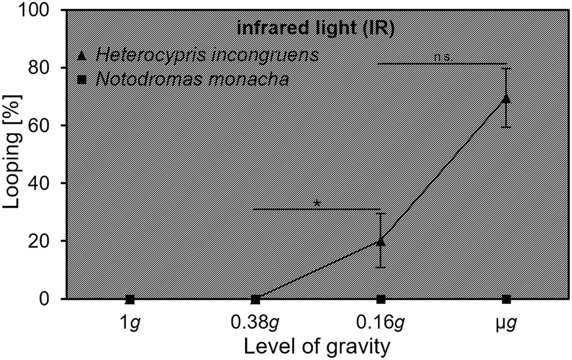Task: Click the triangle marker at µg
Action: pyautogui.click(x=506, y=98)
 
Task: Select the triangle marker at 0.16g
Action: pyautogui.click(x=381, y=241)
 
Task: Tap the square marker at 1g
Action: pyautogui.click(x=129, y=299)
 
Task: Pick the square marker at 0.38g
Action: pyautogui.click(x=255, y=299)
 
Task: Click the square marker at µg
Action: pyautogui.click(x=506, y=299)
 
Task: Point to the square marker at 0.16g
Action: pyautogui.click(x=381, y=299)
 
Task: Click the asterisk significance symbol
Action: pyautogui.click(x=317, y=203)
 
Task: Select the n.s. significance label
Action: pyautogui.click(x=443, y=57)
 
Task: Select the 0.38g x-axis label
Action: pyautogui.click(x=255, y=322)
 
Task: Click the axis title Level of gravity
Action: pyautogui.click(x=318, y=347)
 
